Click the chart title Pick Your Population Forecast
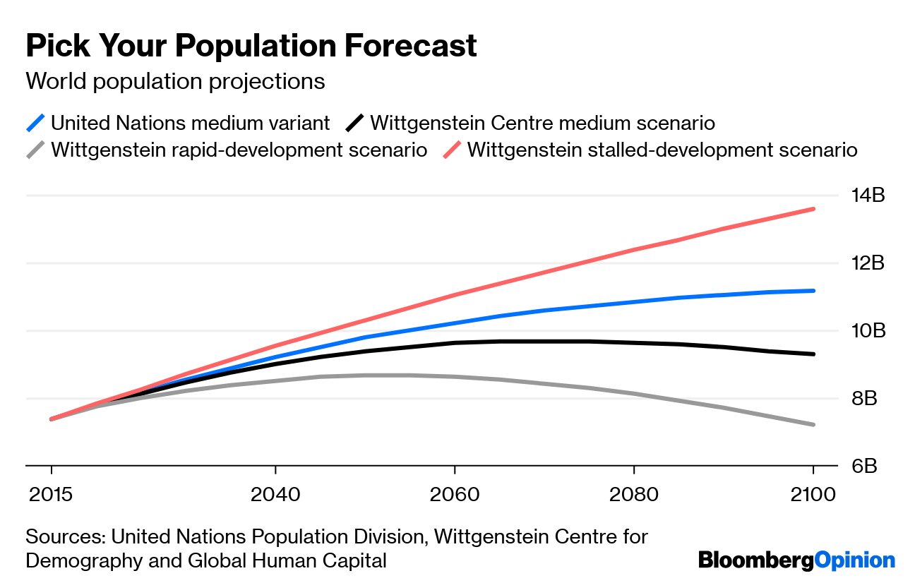click(x=251, y=47)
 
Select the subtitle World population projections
click(x=175, y=82)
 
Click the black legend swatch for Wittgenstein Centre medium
click(x=355, y=123)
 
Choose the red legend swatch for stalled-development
click(x=452, y=150)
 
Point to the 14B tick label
click(x=866, y=196)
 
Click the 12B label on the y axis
click(x=866, y=263)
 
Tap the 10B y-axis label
click(x=866, y=331)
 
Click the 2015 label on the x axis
click(x=51, y=494)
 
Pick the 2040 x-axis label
click(x=275, y=494)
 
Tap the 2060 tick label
click(x=455, y=494)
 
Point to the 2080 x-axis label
click(x=634, y=494)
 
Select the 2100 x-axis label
click(x=813, y=494)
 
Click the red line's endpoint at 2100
click(x=813, y=209)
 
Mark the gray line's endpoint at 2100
click(x=813, y=424)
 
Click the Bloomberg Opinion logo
click(x=796, y=560)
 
